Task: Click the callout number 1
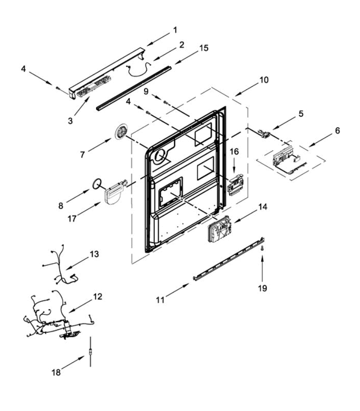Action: tap(175, 30)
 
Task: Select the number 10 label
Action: tap(264, 80)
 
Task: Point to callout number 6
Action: tap(337, 131)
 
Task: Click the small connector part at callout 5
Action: tap(263, 133)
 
